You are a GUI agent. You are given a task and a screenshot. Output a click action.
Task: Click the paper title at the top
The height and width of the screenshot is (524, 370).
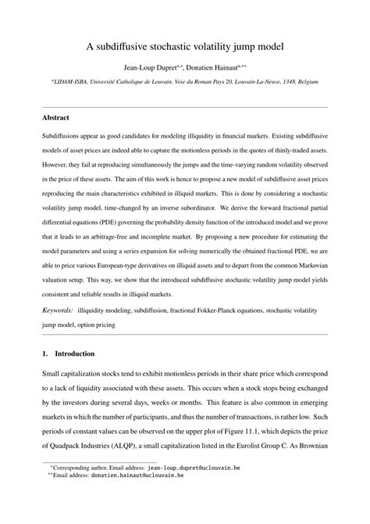pyautogui.click(x=184, y=46)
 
